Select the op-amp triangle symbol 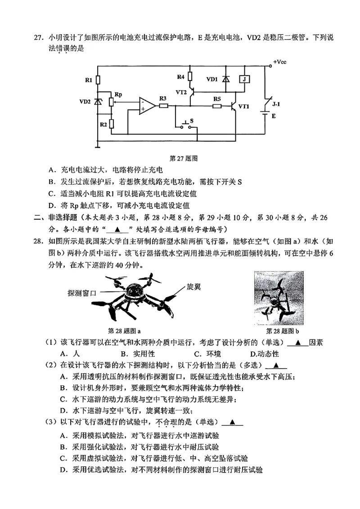[x=147, y=106]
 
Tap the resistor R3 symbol [x=163, y=106]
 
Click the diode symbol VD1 [x=225, y=79]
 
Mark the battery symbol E [x=265, y=115]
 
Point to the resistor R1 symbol [x=98, y=80]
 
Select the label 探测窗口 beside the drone [x=81, y=292]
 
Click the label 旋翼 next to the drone [x=193, y=286]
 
